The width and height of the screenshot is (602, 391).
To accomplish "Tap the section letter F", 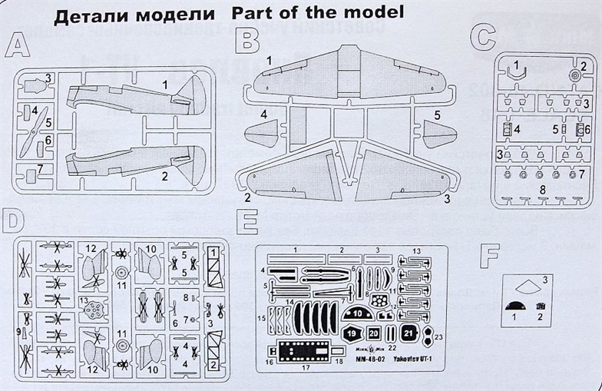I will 490,257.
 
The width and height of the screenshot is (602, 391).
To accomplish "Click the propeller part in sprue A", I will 27,140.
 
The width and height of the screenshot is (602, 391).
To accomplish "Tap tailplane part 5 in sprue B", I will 440,137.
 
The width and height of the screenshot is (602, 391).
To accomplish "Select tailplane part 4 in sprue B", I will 264,132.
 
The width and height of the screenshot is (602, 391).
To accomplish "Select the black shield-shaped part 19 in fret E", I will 351,334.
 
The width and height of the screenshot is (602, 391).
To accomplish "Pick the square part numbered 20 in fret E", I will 374,334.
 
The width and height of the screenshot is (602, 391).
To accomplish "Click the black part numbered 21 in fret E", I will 408,333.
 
